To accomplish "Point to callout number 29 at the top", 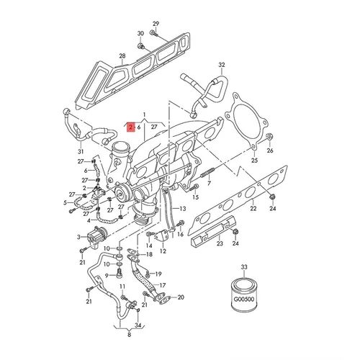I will [x=155, y=25].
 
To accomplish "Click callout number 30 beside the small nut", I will [x=140, y=34].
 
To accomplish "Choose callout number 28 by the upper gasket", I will [x=122, y=56].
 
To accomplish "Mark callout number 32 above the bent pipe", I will [x=222, y=65].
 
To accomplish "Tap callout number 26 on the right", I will [x=271, y=152].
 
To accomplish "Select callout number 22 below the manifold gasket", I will [x=253, y=208].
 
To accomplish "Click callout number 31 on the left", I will [x=81, y=152].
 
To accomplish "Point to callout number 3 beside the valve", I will [x=79, y=236].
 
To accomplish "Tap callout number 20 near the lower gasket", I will [x=181, y=297].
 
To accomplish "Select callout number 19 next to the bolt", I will [x=158, y=274].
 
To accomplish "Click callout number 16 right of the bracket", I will [x=180, y=235].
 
